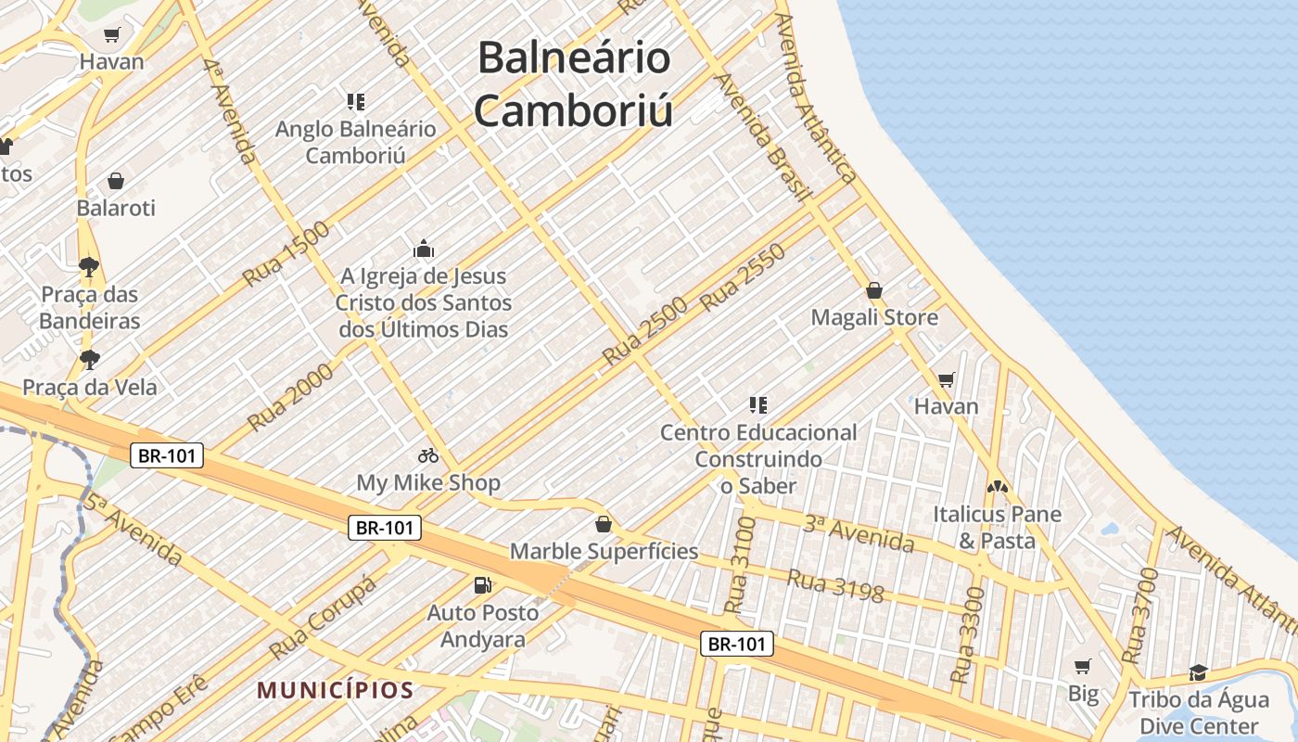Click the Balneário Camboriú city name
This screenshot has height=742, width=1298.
pos(573,84)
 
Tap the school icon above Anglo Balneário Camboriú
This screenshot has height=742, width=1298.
pos(356,101)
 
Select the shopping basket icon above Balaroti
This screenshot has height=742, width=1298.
pos(116,180)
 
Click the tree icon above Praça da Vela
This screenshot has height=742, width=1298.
pos(89,359)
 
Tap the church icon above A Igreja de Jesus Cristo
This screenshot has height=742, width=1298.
pos(424,249)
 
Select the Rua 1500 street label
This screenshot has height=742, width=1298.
pos(286,253)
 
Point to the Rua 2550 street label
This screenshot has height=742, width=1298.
pos(743,276)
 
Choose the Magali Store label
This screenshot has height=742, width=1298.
pos(874,317)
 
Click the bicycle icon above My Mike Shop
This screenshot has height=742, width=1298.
pos(428,455)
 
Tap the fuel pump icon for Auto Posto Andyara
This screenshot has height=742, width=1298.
pos(482,584)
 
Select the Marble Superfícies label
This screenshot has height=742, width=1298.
pos(604,551)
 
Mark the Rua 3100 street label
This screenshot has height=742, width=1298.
pos(740,565)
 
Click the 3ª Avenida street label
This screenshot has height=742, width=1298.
pos(859,533)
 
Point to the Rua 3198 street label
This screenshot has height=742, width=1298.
pos(835,584)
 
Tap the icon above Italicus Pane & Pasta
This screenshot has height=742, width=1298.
pos(998,486)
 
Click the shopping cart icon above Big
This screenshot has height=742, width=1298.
pos(1082,666)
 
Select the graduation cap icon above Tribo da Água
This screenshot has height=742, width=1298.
pos(1199,672)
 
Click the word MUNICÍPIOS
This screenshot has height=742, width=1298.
pos(335,690)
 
